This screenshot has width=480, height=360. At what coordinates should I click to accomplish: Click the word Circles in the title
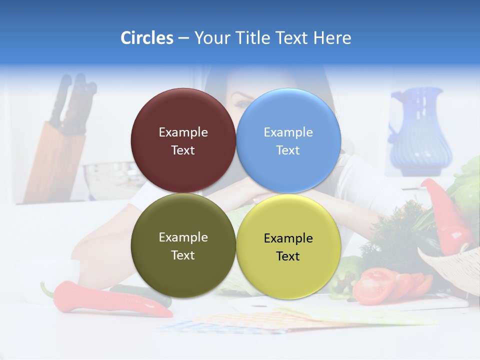[146, 38]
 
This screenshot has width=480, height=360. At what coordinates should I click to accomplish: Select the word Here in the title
[332, 38]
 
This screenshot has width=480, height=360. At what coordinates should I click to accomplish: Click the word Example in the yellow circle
[288, 238]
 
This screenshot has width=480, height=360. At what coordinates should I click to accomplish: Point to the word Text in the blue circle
[288, 150]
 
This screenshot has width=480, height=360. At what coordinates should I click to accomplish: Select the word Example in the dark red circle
[183, 132]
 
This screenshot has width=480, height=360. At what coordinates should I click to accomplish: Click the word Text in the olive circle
[183, 255]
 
